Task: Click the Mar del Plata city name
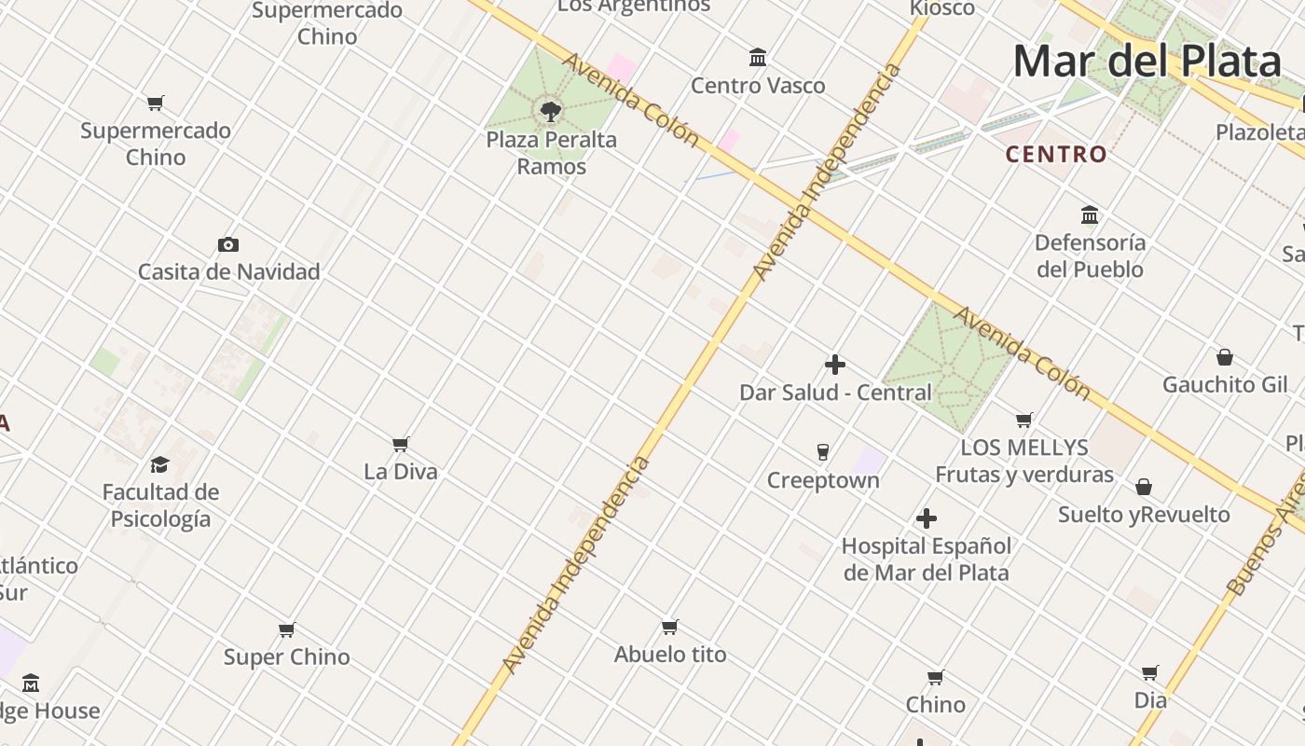click(x=1147, y=62)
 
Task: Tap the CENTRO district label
click(x=1056, y=154)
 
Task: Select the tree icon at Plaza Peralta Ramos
click(x=551, y=112)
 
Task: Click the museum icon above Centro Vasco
click(x=758, y=58)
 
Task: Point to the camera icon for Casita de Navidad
click(x=228, y=244)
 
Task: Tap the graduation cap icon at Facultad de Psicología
click(x=160, y=464)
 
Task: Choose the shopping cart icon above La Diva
click(x=401, y=444)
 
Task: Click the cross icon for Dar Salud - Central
click(x=835, y=365)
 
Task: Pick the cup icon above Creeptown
click(x=823, y=452)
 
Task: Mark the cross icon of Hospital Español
click(x=927, y=518)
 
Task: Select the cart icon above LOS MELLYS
click(x=1024, y=421)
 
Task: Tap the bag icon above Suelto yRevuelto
click(x=1144, y=487)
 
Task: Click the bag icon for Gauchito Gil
click(x=1225, y=357)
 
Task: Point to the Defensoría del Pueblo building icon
click(x=1090, y=215)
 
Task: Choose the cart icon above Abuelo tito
click(x=669, y=627)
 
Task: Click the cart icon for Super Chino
click(x=287, y=629)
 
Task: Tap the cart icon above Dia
click(x=1150, y=672)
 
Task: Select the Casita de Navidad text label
click(x=229, y=272)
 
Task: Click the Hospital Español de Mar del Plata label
click(x=927, y=559)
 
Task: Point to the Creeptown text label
click(x=823, y=480)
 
